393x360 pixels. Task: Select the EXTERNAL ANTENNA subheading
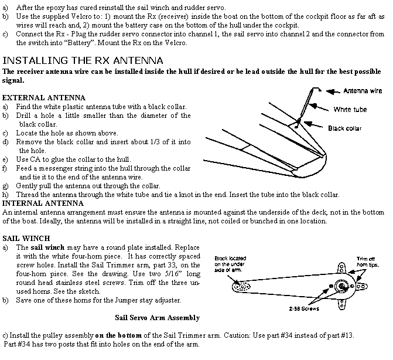pyautogui.click(x=44, y=97)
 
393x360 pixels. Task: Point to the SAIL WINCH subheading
pyautogui.click(x=26, y=239)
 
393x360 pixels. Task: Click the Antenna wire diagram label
pyautogui.click(x=363, y=91)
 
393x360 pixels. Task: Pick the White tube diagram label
pyautogui.click(x=350, y=109)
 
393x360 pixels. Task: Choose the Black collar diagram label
pyautogui.click(x=344, y=128)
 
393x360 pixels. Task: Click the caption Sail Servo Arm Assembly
pyautogui.click(x=157, y=318)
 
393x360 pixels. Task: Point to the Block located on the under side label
pyautogui.click(x=230, y=263)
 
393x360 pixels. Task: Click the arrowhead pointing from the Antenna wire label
pyautogui.click(x=330, y=91)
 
